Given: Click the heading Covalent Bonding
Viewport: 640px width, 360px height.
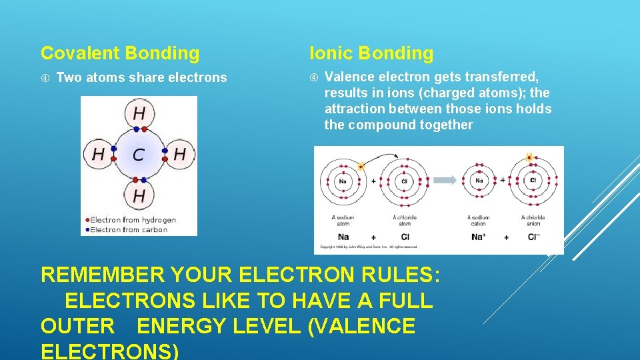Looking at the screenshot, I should pyautogui.click(x=120, y=53).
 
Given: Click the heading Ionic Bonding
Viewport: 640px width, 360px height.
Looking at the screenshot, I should pyautogui.click(x=371, y=53).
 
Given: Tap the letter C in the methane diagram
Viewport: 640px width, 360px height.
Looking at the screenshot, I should pyautogui.click(x=139, y=155).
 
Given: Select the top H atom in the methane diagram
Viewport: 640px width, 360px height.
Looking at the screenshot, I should pyautogui.click(x=139, y=113).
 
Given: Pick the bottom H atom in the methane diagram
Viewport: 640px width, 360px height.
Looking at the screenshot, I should pyautogui.click(x=139, y=196).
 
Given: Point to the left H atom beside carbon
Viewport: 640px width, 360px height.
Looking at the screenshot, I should pyautogui.click(x=98, y=155).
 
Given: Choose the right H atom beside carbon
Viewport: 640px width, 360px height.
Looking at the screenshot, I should pyautogui.click(x=179, y=155).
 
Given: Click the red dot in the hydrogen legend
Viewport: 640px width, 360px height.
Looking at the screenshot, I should pyautogui.click(x=87, y=220).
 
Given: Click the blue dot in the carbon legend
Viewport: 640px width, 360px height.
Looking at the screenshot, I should pyautogui.click(x=87, y=230).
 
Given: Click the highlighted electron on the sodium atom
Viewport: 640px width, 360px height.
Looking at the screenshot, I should pyautogui.click(x=361, y=166).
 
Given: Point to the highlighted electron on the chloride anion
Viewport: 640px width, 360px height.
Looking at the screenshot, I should pyautogui.click(x=530, y=158).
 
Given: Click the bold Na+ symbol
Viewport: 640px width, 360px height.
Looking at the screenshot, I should pyautogui.click(x=478, y=237).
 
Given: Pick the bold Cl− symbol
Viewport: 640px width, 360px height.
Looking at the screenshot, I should pyautogui.click(x=533, y=237).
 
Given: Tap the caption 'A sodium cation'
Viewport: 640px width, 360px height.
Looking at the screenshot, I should pyautogui.click(x=478, y=221).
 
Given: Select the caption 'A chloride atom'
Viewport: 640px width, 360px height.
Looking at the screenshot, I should pyautogui.click(x=404, y=221).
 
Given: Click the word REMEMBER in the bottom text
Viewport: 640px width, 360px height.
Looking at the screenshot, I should pyautogui.click(x=102, y=275).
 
